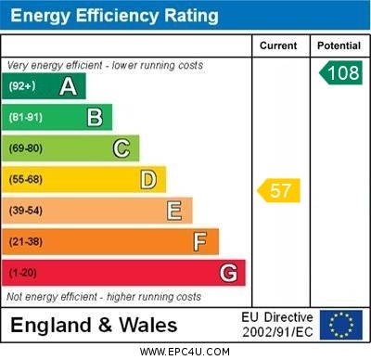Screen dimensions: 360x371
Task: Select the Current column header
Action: pos(278,45)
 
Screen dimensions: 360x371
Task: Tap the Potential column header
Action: pos(339,45)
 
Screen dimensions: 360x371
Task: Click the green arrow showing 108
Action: pos(339,73)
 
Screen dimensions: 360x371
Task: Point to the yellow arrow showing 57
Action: pos(278,191)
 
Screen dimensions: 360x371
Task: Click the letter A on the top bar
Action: pos(68,87)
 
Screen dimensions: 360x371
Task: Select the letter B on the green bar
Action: pos(95,117)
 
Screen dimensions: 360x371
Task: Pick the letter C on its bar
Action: pos(121,148)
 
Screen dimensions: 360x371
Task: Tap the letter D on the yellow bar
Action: pos(147,179)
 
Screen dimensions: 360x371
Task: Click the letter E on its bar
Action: pos(173,211)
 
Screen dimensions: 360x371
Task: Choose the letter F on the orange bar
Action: pos(199,242)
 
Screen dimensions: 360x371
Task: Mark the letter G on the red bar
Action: pos(228,273)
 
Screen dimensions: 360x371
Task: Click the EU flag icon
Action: pos(340,325)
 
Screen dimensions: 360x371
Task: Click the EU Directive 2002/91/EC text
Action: pos(277,325)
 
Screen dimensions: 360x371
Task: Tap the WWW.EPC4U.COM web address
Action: pos(185,352)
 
